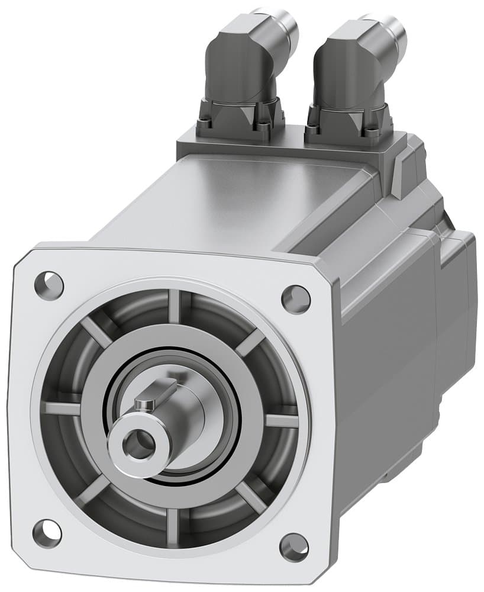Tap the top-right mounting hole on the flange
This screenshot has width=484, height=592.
[x=295, y=299]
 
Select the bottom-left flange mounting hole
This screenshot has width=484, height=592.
[x=47, y=533]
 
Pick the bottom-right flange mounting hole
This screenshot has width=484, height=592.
[x=294, y=547]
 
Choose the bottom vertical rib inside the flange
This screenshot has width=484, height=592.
[x=173, y=523]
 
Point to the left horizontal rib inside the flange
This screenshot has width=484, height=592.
[x=62, y=408]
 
